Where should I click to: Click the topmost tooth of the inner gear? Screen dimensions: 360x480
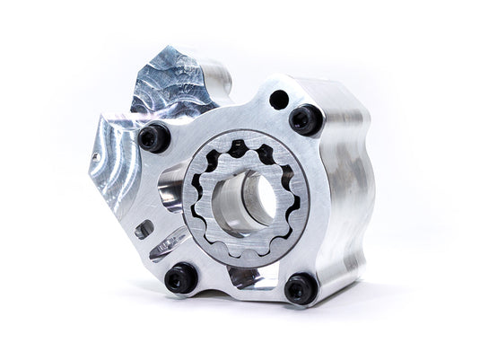pyautogui.click(x=240, y=145)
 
